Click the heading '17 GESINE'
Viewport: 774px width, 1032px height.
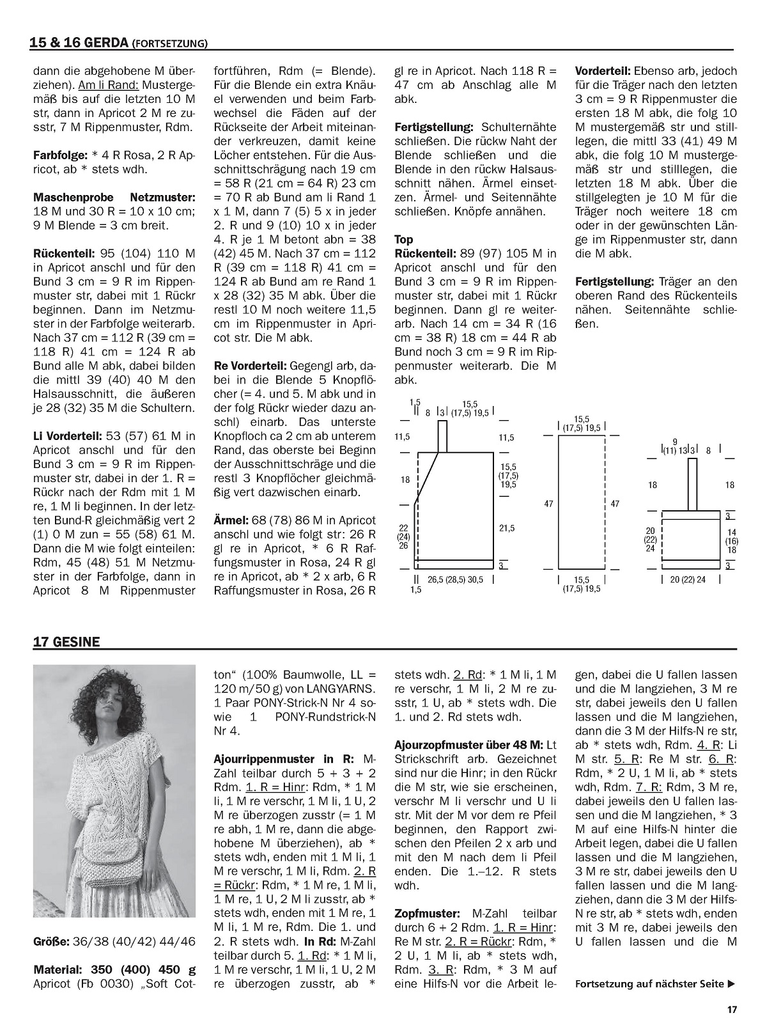[x=66, y=642]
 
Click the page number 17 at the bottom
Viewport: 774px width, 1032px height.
[x=732, y=1010]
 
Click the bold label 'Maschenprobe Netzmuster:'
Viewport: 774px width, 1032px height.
[x=114, y=198]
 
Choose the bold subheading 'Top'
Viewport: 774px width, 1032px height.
[x=404, y=239]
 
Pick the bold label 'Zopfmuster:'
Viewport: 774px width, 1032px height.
[x=427, y=914]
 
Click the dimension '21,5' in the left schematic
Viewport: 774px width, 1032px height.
[x=507, y=528]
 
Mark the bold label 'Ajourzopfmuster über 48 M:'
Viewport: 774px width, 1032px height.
[x=468, y=745]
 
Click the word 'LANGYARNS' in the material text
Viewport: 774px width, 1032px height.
[x=339, y=689]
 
